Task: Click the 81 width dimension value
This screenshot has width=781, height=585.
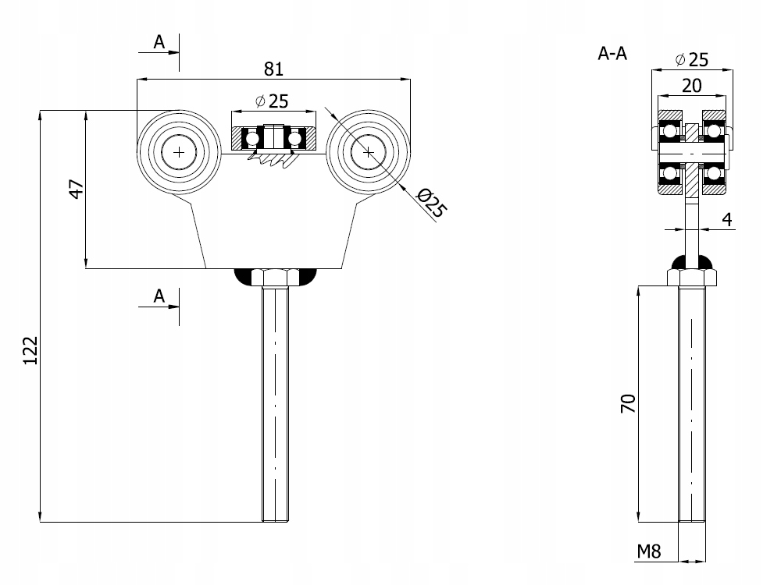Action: pyautogui.click(x=273, y=69)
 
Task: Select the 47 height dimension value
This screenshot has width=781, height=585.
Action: pyautogui.click(x=77, y=189)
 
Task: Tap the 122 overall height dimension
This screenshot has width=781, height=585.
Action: pyautogui.click(x=30, y=351)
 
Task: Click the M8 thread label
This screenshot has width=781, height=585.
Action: pyautogui.click(x=648, y=551)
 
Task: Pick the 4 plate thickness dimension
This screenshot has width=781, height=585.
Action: pyautogui.click(x=726, y=219)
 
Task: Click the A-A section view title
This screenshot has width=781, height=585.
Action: pyautogui.click(x=613, y=54)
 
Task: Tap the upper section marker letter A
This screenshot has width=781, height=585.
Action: pyautogui.click(x=159, y=42)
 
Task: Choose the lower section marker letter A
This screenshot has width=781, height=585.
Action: pyautogui.click(x=159, y=296)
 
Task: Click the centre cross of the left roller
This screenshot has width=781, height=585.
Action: pyautogui.click(x=179, y=152)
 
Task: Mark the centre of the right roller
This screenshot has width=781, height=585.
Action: pyautogui.click(x=368, y=152)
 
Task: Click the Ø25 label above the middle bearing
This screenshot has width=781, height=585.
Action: pyautogui.click(x=272, y=101)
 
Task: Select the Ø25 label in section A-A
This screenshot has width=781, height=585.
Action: pyautogui.click(x=691, y=59)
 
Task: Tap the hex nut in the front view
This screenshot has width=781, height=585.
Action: pyautogui.click(x=276, y=277)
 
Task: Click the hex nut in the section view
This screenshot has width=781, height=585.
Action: pyautogui.click(x=691, y=277)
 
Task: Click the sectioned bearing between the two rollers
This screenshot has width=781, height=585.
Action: pyautogui.click(x=273, y=138)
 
